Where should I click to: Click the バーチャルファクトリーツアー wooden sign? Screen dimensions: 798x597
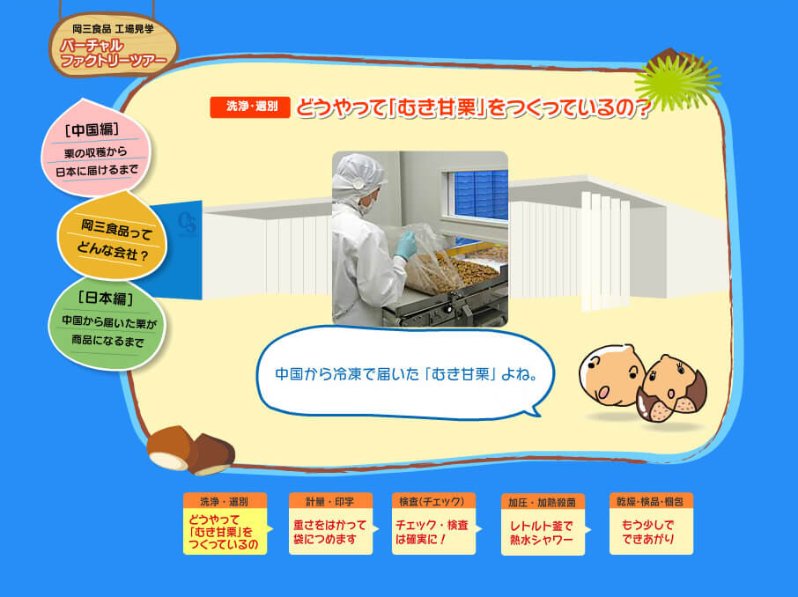coord(114,45)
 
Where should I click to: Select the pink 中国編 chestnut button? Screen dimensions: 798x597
coord(96,148)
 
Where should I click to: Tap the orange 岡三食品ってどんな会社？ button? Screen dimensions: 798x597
coord(113,237)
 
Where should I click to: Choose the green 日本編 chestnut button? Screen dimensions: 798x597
coord(107,323)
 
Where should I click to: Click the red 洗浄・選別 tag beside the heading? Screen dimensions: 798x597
coord(250,107)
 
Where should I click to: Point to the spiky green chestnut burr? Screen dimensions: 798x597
coord(676,81)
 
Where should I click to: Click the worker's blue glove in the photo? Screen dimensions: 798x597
coord(406,245)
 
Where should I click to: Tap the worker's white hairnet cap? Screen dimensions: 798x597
coord(358,173)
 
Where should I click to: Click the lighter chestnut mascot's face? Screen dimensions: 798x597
coord(612,375)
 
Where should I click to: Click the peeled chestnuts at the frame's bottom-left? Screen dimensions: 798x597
coord(191,449)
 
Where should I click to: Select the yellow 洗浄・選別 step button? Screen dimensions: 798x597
coord(225,524)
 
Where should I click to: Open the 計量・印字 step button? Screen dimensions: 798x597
coord(330,524)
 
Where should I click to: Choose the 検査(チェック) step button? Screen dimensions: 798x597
coord(433,524)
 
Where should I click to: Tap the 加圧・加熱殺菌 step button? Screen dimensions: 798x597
coord(543,524)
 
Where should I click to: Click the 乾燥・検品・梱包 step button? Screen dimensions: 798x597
coord(651,524)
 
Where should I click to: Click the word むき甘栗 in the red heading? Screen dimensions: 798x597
coord(434,108)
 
